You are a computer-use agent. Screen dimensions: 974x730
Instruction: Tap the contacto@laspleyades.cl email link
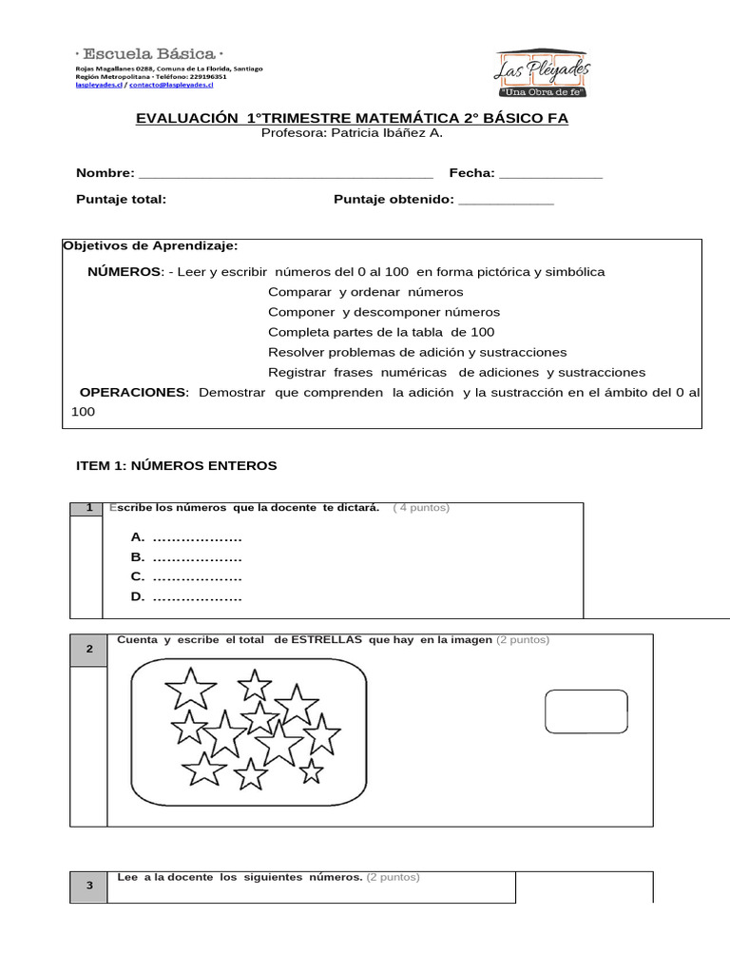pyautogui.click(x=171, y=85)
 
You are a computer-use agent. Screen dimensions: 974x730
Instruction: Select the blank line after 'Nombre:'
pyautogui.click(x=285, y=174)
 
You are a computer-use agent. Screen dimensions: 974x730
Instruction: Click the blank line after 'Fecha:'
pyautogui.click(x=550, y=174)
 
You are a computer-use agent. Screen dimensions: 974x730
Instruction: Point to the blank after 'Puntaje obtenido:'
pyautogui.click(x=506, y=200)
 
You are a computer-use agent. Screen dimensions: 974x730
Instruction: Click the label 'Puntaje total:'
pyautogui.click(x=121, y=199)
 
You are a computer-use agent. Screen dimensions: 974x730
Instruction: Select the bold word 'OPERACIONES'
pyautogui.click(x=134, y=393)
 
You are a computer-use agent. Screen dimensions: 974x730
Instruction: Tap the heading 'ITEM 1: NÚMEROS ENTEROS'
pyautogui.click(x=176, y=465)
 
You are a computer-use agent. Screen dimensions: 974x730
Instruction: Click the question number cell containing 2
pyautogui.click(x=88, y=649)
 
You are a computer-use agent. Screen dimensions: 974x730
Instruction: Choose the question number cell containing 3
pyautogui.click(x=88, y=886)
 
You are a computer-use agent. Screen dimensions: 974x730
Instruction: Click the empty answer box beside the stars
pyautogui.click(x=586, y=711)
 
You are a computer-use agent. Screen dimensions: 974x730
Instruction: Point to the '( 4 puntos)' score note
pyautogui.click(x=421, y=508)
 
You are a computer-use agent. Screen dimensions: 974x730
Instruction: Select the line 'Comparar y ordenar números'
pyautogui.click(x=365, y=292)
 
